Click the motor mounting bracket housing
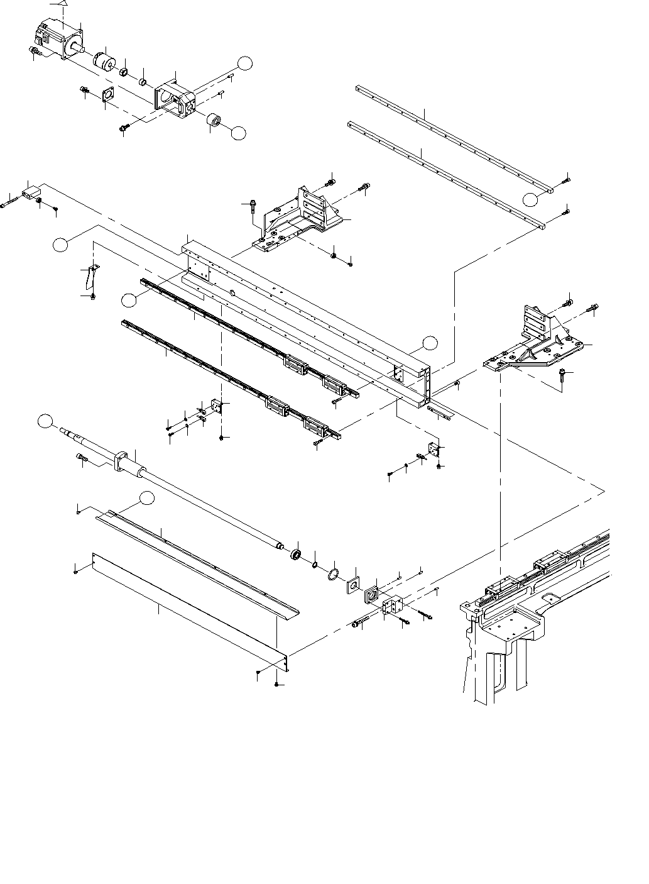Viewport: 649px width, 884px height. (x=175, y=101)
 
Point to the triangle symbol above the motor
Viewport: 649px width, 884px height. (x=61, y=4)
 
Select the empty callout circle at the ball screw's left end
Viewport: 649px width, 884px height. (x=45, y=422)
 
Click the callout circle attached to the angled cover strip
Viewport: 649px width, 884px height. (x=146, y=498)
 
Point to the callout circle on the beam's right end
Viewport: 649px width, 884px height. (x=430, y=343)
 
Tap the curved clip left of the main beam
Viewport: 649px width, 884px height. (x=90, y=276)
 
